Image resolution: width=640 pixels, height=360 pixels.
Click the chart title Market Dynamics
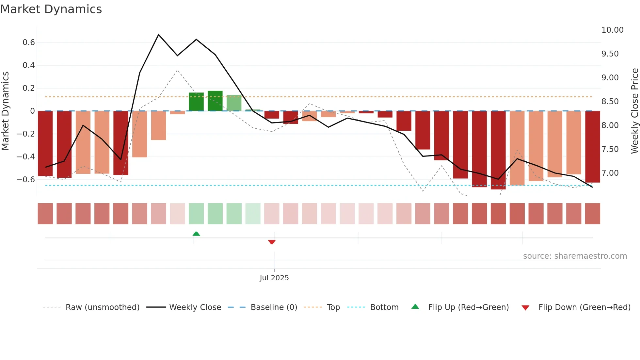pyautogui.click(x=51, y=9)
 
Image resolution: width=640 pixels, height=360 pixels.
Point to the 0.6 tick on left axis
pyautogui.click(x=29, y=42)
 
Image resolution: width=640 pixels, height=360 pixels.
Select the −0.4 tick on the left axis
pyautogui.click(x=26, y=157)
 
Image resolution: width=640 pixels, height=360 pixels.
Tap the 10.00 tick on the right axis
pyautogui.click(x=612, y=30)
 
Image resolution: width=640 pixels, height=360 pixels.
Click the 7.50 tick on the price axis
pyautogui.click(x=610, y=149)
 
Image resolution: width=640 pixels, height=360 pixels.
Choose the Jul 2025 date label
pyautogui.click(x=274, y=278)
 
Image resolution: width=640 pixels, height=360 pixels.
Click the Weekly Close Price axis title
pyautogui.click(x=634, y=111)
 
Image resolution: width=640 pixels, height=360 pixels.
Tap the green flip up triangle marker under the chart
pyautogui.click(x=196, y=234)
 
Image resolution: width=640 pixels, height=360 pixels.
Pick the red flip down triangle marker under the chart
pyautogui.click(x=272, y=242)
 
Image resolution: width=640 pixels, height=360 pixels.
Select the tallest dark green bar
pyautogui.click(x=215, y=101)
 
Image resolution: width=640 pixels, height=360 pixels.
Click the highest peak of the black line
pyautogui.click(x=159, y=34)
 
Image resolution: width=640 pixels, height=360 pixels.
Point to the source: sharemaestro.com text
pyautogui.click(x=575, y=256)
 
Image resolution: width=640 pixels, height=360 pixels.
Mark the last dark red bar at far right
pyautogui.click(x=592, y=147)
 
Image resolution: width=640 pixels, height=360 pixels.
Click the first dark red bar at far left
pyautogui.click(x=45, y=144)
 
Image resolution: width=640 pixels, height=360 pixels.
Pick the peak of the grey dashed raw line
pyautogui.click(x=177, y=70)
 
